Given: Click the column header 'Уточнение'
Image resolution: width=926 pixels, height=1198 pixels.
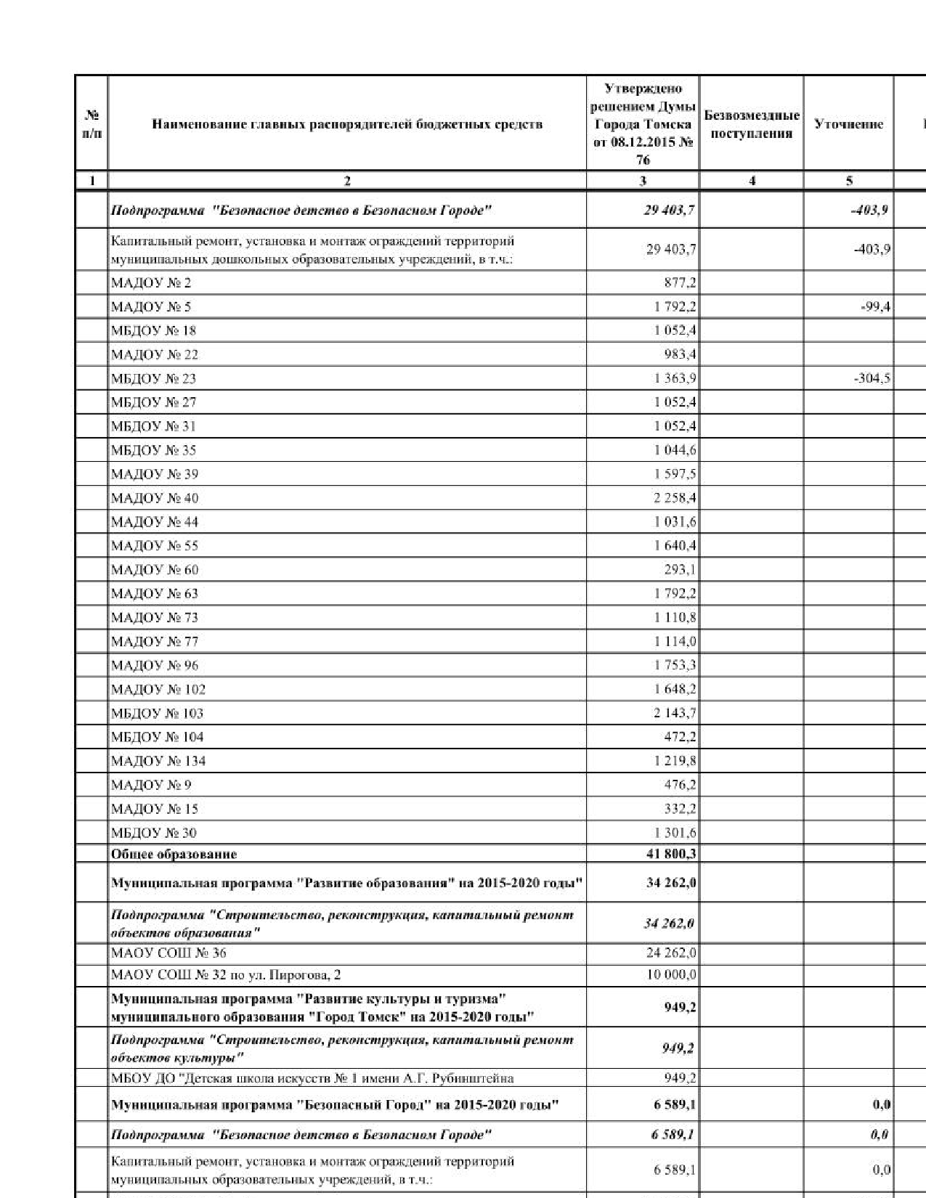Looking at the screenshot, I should [848, 124].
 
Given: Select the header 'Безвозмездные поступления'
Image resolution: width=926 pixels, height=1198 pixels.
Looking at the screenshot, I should [752, 124].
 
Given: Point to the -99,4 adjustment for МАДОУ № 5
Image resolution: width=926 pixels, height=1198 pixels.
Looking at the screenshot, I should [875, 306].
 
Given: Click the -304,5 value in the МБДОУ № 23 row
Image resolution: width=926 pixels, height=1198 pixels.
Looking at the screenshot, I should [873, 378].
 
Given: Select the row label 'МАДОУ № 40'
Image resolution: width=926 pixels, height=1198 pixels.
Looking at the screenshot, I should [155, 498].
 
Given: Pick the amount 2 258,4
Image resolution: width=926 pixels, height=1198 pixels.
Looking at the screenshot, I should [675, 498].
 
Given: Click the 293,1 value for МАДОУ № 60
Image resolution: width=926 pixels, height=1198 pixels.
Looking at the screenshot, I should [680, 569].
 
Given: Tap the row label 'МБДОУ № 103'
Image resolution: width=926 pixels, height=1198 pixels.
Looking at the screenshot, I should [157, 713].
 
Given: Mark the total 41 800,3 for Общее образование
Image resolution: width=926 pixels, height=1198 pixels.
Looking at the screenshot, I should [671, 854].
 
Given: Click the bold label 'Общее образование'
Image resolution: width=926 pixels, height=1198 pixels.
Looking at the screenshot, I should [174, 854].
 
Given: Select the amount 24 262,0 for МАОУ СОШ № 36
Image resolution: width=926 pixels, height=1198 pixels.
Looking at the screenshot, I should [671, 953].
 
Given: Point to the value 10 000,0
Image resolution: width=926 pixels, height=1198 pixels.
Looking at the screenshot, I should [671, 974].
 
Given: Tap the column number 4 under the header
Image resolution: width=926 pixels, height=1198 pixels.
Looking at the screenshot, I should [752, 181].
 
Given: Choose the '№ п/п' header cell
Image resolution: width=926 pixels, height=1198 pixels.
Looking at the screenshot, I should [92, 124].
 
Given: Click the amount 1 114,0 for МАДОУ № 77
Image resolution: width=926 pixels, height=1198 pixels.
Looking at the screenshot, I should [675, 641].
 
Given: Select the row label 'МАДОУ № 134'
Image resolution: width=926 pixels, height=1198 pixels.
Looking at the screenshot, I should [158, 761].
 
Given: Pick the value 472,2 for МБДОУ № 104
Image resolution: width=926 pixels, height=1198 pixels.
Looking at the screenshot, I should [680, 737].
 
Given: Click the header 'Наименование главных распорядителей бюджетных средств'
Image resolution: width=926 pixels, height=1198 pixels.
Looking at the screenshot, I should [347, 124].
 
